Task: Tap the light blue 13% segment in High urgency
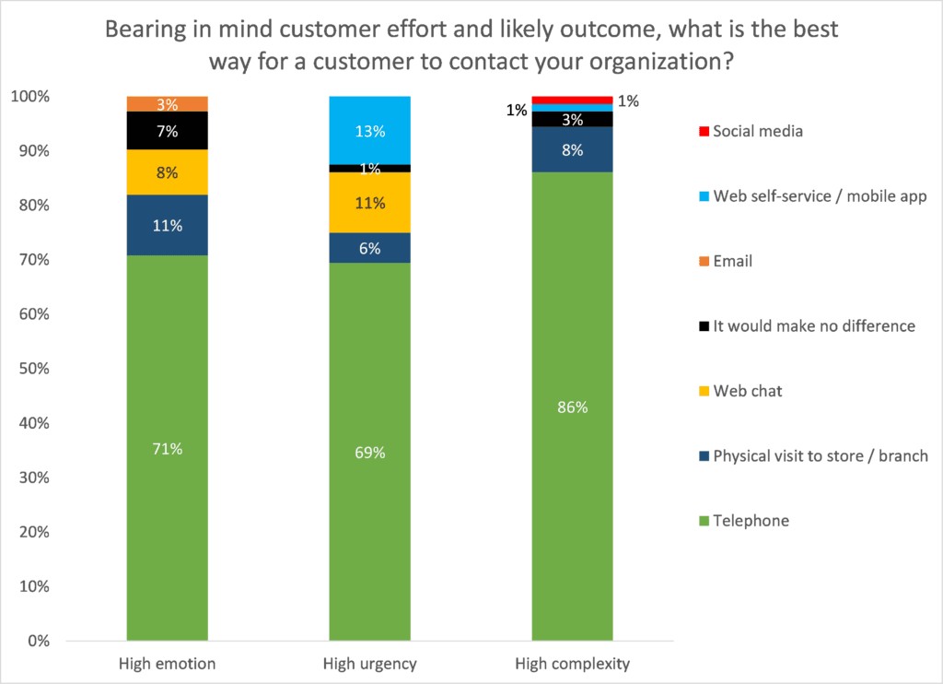[369, 130]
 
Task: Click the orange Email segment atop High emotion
[167, 103]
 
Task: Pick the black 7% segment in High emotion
[167, 131]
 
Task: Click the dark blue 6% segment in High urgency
[369, 247]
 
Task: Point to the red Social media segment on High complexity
[572, 100]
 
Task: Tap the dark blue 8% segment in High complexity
[572, 149]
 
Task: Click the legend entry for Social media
[758, 131]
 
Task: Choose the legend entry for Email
[733, 261]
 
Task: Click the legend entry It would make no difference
[814, 325]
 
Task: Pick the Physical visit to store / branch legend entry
[821, 455]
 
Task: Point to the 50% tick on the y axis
[35, 369]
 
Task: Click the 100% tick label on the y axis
[31, 97]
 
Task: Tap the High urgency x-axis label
[369, 664]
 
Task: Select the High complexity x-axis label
[572, 664]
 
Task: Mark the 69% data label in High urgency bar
[369, 453]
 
